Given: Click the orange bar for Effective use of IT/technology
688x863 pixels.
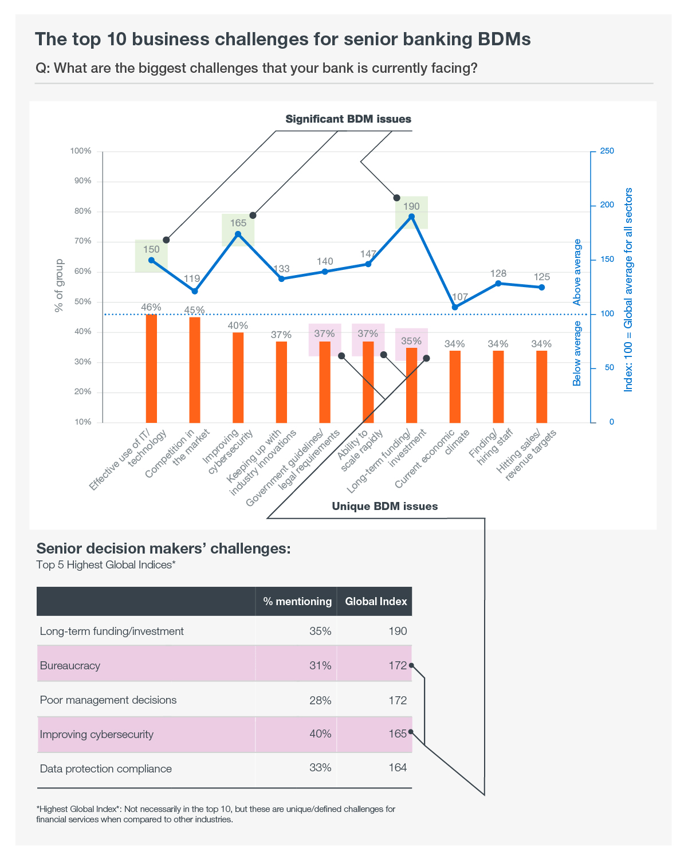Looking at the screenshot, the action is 151,368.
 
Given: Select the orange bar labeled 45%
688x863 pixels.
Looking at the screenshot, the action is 194,370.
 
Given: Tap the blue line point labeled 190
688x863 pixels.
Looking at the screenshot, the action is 411,217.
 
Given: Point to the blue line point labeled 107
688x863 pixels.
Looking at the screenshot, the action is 455,307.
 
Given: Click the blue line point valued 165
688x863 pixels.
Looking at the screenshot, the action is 238,234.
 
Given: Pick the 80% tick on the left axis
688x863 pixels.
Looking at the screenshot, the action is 82,211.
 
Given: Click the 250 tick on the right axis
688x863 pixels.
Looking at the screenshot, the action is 607,151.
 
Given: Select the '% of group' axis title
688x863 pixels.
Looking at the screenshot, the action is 59,285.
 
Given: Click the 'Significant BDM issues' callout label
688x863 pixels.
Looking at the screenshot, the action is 348,119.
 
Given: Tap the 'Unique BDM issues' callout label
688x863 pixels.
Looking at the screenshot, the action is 384,506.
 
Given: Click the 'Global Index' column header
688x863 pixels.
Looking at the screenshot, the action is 376,602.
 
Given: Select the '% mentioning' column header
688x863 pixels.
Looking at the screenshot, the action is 297,602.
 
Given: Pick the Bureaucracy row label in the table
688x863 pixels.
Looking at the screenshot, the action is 70,666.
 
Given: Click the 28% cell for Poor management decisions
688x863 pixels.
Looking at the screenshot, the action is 320,700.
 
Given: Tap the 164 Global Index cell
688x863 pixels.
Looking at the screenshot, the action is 398,767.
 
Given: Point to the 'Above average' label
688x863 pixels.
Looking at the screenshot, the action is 576,272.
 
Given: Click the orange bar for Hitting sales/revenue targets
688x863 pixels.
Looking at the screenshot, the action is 541,387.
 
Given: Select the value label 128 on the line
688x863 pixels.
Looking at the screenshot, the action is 498,273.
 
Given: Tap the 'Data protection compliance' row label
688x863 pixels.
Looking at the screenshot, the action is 105,769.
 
